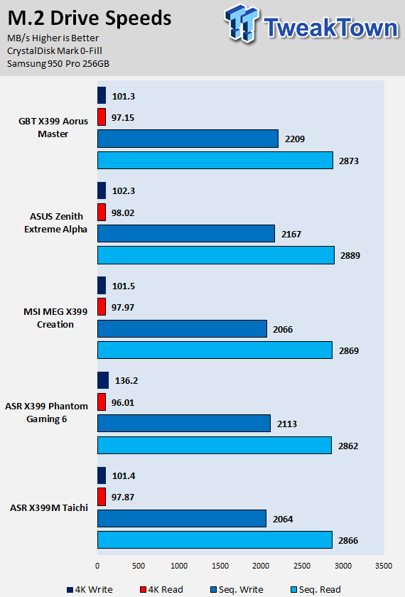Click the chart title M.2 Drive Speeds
click(90, 18)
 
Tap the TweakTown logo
click(311, 23)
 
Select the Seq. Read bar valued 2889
click(216, 255)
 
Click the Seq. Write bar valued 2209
click(188, 139)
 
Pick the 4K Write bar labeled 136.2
click(103, 380)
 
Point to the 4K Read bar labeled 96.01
click(101, 402)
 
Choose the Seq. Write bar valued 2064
click(182, 519)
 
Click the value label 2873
click(349, 161)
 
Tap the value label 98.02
click(123, 213)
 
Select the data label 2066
click(283, 329)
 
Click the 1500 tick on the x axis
click(220, 566)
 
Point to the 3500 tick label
click(384, 566)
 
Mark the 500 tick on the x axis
click(138, 566)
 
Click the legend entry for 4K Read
click(162, 589)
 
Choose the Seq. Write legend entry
click(237, 589)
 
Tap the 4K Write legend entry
click(90, 589)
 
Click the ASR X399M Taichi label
click(49, 508)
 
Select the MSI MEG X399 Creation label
click(55, 318)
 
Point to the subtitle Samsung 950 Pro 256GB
click(58, 63)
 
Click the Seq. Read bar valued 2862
click(215, 445)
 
